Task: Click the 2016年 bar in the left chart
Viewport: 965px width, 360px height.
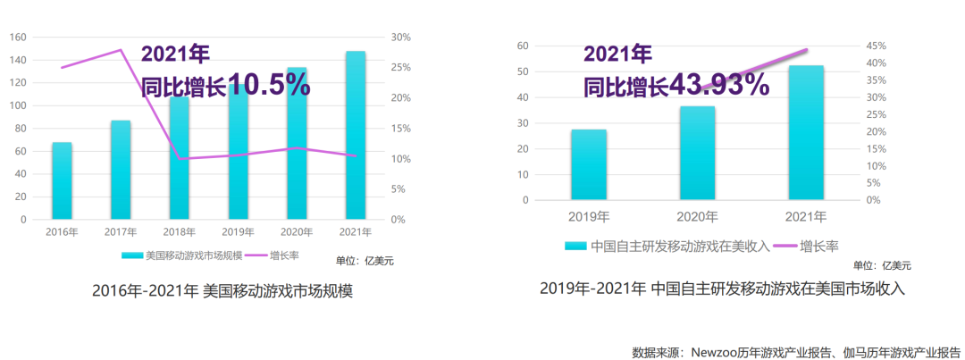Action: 62,180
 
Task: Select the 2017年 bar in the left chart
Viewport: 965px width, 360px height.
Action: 121,170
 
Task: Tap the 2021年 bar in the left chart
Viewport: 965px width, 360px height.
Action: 356,135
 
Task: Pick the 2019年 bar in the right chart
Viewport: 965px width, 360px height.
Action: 589,164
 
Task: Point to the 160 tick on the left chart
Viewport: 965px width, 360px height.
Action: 18,38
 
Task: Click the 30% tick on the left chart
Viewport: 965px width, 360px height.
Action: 400,38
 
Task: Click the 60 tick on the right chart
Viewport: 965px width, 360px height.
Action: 524,46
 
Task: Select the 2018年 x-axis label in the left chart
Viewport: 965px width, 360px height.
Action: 180,232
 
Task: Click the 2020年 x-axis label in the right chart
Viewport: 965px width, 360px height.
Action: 697,217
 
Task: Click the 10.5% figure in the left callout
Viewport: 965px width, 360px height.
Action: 269,85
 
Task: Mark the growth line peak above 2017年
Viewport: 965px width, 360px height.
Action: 121,50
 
